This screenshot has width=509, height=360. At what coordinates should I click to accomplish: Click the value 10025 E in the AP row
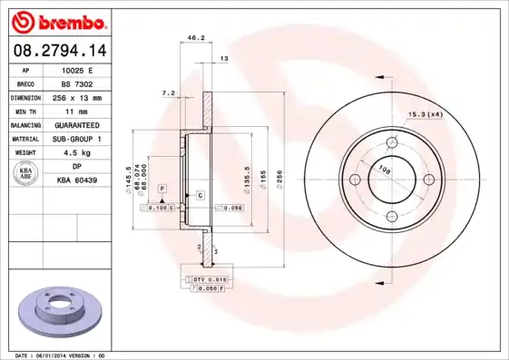click(x=77, y=69)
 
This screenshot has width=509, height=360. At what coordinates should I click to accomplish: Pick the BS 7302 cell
click(x=77, y=83)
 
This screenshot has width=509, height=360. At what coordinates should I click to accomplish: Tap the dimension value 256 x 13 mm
click(x=77, y=96)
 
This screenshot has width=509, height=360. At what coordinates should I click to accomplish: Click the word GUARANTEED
click(x=77, y=124)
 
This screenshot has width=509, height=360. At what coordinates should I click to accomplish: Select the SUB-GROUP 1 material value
click(x=77, y=138)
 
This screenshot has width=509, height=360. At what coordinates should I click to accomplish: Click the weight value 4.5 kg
click(x=77, y=152)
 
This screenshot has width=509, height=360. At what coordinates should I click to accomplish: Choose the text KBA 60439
click(x=77, y=180)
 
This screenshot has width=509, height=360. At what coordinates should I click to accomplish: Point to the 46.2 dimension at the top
click(x=193, y=38)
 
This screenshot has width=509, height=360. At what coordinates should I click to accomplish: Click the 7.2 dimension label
click(x=167, y=92)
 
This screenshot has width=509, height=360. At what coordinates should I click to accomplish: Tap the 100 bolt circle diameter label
click(x=383, y=169)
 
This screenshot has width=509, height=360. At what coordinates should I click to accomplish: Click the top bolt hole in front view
click(x=392, y=142)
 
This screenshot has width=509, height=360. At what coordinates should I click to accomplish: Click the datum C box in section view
click(x=199, y=195)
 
